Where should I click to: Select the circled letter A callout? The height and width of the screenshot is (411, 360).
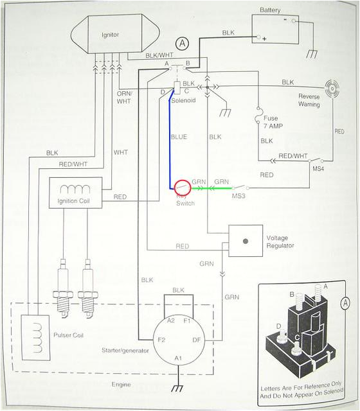click(x=183, y=43)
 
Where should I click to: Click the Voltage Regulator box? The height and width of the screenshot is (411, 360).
click(x=246, y=241)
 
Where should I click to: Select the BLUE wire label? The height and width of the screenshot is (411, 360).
click(x=179, y=137)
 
